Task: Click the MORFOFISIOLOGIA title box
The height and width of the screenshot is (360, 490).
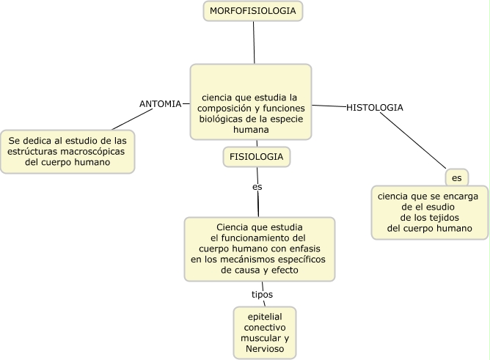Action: [x=253, y=11]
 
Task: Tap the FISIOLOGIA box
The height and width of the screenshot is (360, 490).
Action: [x=256, y=157]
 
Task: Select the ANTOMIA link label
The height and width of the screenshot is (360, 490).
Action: [x=160, y=103]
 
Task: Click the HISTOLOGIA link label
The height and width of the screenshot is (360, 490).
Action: [x=374, y=107]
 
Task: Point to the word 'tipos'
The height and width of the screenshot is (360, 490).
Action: [x=262, y=295]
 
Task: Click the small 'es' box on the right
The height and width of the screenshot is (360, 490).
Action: [x=456, y=178]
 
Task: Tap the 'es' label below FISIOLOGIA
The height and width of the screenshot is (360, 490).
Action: [x=257, y=187]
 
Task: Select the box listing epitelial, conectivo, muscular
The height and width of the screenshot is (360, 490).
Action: [x=265, y=332]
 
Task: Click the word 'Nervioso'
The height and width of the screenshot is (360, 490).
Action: [x=265, y=350]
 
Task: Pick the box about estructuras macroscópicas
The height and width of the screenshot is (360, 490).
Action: [x=67, y=151]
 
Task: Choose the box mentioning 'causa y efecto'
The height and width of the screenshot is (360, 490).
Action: [x=259, y=249]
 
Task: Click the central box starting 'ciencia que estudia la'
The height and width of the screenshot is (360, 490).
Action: [x=251, y=103]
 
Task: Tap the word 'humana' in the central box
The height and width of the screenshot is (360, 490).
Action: [x=251, y=130]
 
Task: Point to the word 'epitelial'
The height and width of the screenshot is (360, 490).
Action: [x=265, y=315]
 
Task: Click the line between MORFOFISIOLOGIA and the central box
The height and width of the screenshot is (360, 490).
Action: [x=254, y=43]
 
